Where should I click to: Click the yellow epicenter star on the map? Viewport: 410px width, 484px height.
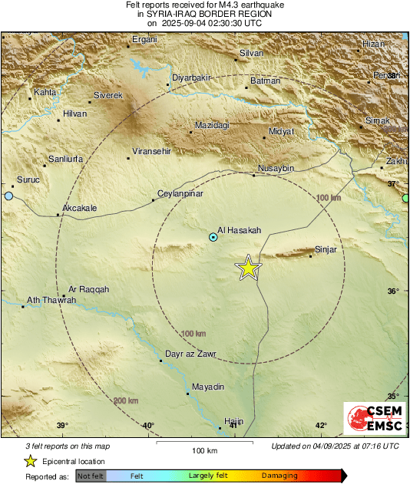(248, 268)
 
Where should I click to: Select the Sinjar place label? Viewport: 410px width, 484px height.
(326, 249)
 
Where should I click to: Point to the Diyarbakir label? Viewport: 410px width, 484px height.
(190, 78)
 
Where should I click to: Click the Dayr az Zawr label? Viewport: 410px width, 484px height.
(191, 354)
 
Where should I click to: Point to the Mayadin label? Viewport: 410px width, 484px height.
(208, 387)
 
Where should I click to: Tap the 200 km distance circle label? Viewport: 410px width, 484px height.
(126, 401)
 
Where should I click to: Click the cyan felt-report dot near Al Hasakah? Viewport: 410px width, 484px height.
(213, 238)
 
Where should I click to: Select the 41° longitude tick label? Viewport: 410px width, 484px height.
(234, 426)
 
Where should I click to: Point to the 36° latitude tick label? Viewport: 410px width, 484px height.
(393, 291)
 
